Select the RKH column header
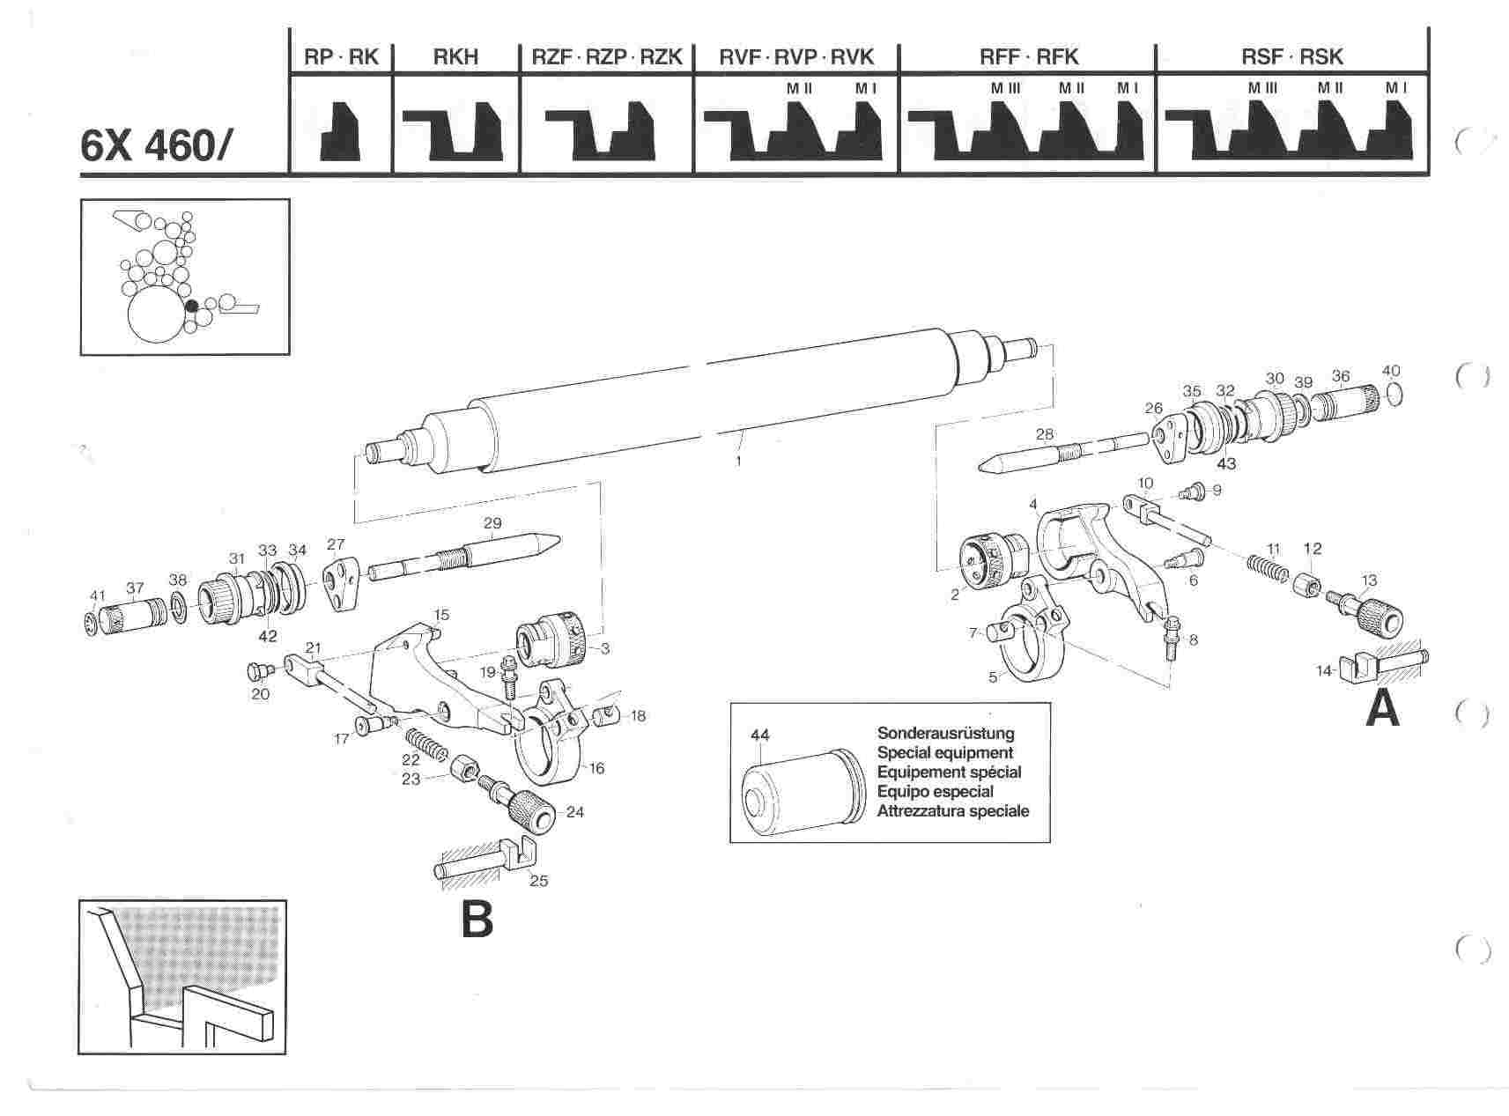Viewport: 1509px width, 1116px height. (455, 57)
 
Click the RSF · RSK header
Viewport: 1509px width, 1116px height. (1291, 57)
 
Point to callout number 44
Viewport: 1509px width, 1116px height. (759, 734)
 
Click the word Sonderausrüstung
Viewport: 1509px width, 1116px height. (945, 733)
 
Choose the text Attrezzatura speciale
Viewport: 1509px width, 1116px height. (952, 810)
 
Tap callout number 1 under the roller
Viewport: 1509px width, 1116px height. (739, 460)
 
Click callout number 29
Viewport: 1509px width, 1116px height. (492, 523)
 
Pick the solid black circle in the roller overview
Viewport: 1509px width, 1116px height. (191, 306)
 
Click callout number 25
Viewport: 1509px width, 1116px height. (538, 880)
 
